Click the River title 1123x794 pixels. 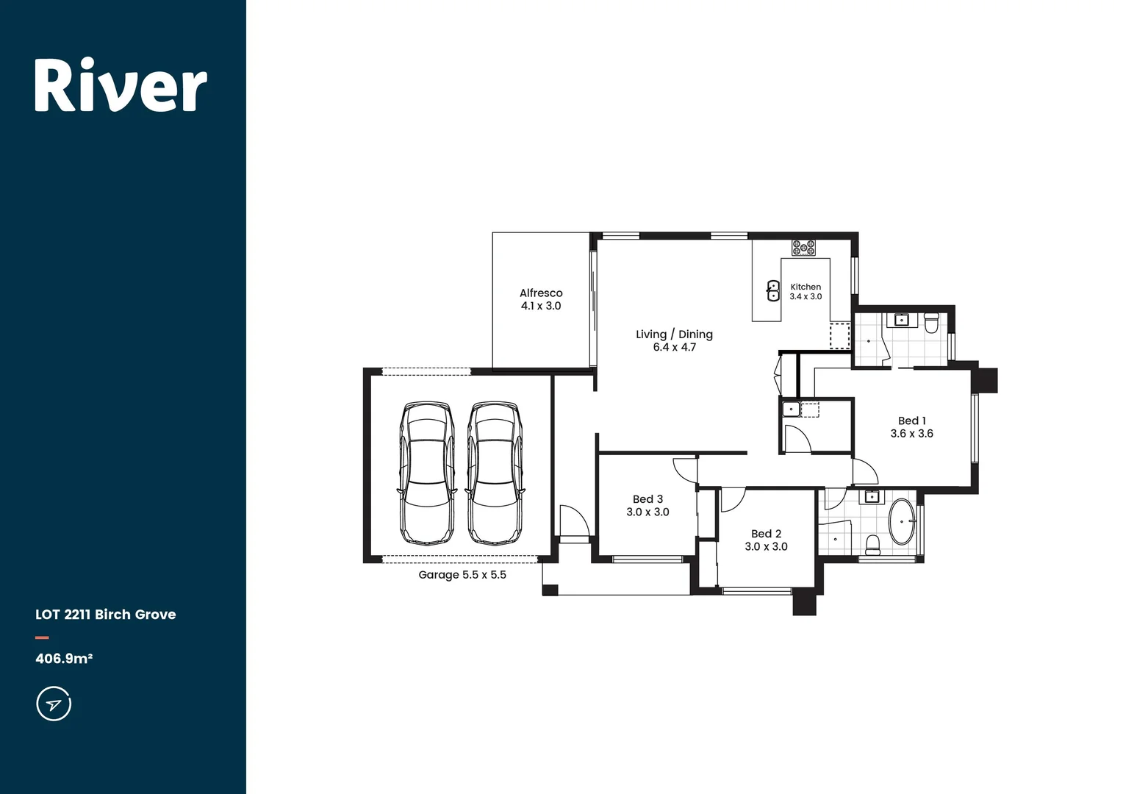(x=121, y=86)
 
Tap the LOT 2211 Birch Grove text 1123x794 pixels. (x=105, y=615)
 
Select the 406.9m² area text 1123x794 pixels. (x=64, y=659)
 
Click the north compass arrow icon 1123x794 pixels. (x=54, y=704)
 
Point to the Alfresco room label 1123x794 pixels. (x=541, y=293)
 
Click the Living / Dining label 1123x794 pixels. (x=674, y=335)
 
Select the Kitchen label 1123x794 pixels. (x=806, y=287)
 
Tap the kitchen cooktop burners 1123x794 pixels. (x=803, y=247)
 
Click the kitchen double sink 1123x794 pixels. (x=773, y=291)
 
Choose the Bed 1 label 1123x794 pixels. (x=911, y=421)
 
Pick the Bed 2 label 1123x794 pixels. (x=766, y=534)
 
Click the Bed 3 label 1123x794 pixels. (x=647, y=499)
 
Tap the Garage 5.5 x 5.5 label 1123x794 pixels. (x=462, y=575)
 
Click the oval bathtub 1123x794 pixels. (x=902, y=522)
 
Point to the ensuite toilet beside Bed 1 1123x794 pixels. (x=931, y=323)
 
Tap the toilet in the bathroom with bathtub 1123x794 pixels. (x=872, y=544)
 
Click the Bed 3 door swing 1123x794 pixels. (x=685, y=469)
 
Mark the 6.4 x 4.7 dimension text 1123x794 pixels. (x=674, y=348)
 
